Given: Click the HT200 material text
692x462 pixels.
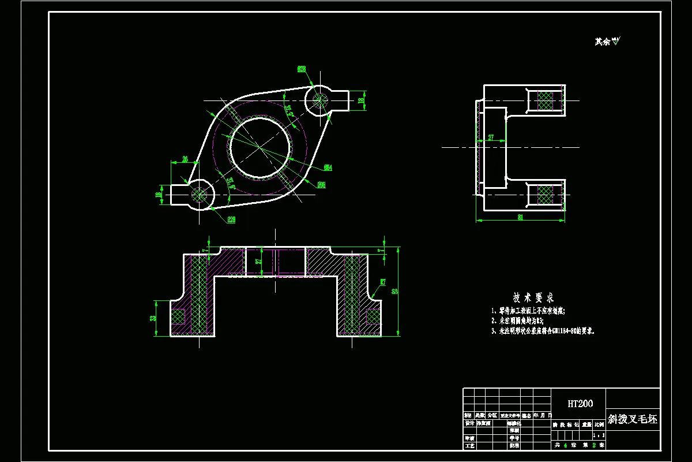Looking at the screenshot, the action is [580, 404].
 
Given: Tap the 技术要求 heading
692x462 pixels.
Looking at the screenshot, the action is [533, 298].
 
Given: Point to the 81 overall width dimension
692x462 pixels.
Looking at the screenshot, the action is [520, 218].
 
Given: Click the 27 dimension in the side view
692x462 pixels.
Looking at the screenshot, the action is [491, 137].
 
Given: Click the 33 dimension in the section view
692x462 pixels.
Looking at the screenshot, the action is [153, 318].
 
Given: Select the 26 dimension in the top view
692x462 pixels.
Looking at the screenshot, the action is [185, 159].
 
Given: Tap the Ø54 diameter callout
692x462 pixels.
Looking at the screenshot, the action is [328, 167].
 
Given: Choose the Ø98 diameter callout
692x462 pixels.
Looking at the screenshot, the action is [321, 185].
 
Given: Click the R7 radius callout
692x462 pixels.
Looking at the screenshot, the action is [382, 282].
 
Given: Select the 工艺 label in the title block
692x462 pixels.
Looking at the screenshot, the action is [469, 445].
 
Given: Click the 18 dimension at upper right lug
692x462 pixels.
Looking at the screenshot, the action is [362, 100].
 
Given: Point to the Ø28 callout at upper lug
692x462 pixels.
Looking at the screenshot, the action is [302, 69].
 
